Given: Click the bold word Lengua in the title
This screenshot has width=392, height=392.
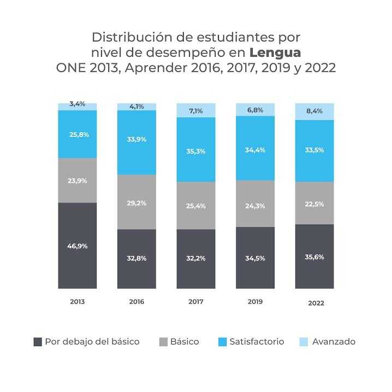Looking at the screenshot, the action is [275, 53].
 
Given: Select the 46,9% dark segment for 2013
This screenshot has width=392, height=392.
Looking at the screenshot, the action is [77, 246].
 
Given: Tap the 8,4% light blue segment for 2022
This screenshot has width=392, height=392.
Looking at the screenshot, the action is [314, 111].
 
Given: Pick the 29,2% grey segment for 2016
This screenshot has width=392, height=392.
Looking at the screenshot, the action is [136, 202].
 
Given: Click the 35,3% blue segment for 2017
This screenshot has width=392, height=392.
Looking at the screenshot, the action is [196, 150].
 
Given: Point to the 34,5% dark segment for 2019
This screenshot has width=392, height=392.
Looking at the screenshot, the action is [256, 258].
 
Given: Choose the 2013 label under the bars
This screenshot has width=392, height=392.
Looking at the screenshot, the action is [77, 302].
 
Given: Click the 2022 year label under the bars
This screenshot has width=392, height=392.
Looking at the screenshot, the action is [316, 303].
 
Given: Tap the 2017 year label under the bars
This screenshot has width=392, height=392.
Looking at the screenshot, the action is [196, 302].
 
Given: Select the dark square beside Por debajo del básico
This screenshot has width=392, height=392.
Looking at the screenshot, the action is [38, 342].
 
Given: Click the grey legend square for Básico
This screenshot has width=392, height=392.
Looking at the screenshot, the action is [163, 342].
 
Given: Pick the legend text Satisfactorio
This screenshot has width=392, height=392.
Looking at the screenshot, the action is [257, 342].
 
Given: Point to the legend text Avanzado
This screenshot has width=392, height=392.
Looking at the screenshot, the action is [334, 342].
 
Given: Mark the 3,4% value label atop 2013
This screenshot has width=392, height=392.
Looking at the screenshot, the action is [77, 104].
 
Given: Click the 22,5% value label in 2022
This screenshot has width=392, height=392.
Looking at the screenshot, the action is [314, 204].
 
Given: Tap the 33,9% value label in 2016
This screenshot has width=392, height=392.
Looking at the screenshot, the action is [136, 139].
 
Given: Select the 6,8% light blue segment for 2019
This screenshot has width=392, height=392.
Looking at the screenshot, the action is [256, 110].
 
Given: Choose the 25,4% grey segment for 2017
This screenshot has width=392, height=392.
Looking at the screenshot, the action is [196, 205].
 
